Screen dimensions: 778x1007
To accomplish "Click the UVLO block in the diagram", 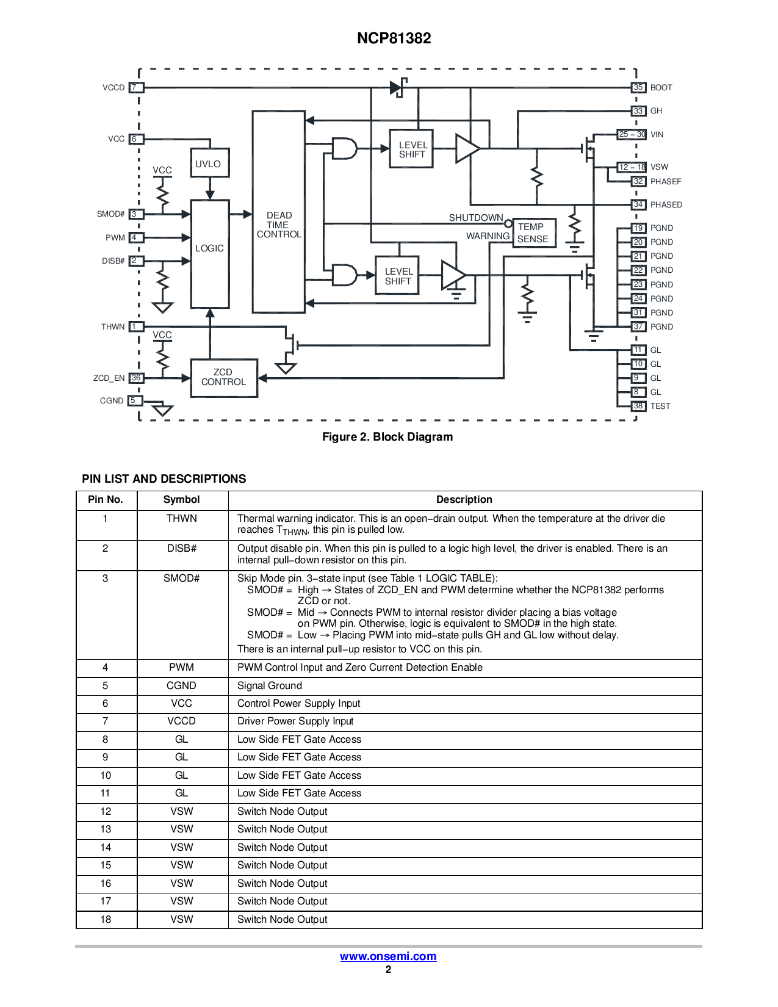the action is coord(209,163).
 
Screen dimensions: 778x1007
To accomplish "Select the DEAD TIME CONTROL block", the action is coord(278,212).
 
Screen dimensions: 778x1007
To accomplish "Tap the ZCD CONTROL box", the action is coord(224,378).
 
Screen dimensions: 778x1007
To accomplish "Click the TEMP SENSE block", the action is coord(535,233).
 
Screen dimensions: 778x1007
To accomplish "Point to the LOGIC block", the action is coord(210,254).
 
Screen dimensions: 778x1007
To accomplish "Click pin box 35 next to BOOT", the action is coord(638,88).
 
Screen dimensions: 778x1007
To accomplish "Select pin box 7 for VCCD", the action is coord(136,88).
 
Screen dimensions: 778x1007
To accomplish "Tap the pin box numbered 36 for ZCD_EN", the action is coord(136,378).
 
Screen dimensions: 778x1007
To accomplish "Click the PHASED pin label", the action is coord(666,205).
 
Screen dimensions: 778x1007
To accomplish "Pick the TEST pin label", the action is coord(660,406).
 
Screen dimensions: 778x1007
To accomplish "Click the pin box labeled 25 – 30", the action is coord(632,134).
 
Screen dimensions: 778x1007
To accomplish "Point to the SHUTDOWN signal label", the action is coord(476,218).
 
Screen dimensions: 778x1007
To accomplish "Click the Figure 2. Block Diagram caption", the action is coord(387,437).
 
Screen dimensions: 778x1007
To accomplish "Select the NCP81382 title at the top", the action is coord(394,38).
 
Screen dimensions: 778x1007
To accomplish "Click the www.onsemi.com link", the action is coord(388,956).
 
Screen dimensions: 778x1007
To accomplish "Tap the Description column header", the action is coord(464,500).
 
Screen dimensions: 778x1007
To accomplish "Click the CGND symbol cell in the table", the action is coord(182,686).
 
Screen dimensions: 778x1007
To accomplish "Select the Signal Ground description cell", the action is coord(465,686).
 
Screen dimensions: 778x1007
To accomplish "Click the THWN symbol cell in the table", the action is coord(182,525).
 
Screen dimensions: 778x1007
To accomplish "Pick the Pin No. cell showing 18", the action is coord(106,919).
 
